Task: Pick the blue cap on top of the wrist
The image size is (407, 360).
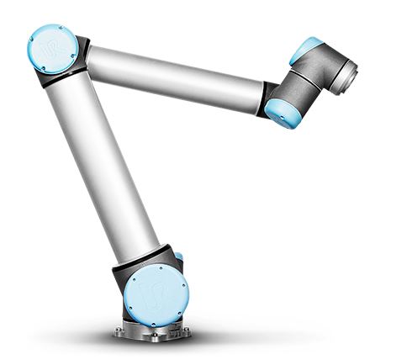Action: click(307, 50)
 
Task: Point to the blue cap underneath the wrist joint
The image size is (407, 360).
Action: click(280, 110)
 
